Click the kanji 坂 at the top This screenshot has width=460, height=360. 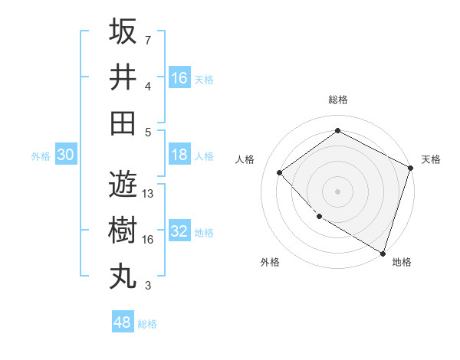point(123,32)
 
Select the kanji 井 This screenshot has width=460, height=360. point(123,77)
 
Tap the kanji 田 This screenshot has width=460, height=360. point(123,123)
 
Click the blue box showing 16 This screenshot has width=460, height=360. point(179,78)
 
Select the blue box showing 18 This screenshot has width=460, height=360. point(179,155)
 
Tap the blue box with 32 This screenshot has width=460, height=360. point(179,231)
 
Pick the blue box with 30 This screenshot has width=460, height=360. point(65,155)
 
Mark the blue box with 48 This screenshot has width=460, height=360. point(122,322)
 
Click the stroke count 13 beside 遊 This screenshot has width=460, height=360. point(148,194)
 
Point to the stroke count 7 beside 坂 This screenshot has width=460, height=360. point(148,40)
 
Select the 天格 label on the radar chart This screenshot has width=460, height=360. point(431,159)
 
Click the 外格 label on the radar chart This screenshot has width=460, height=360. point(270,262)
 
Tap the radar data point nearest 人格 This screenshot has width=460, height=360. point(280,172)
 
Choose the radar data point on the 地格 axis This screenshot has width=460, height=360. point(383,252)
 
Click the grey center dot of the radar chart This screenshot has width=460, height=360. point(337,191)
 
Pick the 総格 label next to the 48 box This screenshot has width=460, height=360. point(147,324)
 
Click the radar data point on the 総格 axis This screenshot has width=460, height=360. point(337,130)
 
